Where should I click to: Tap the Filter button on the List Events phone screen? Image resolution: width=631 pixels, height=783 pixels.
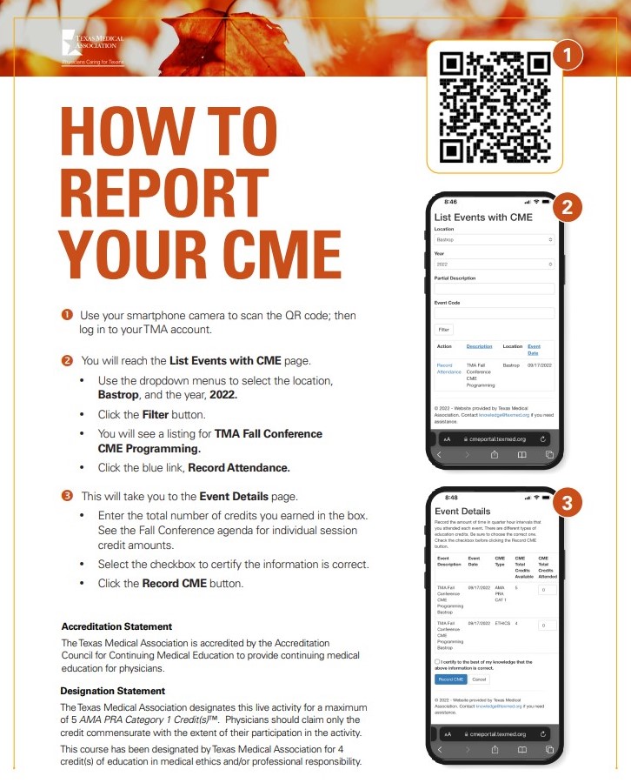click(x=444, y=330)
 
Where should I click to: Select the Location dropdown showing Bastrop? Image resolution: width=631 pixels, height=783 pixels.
click(x=494, y=239)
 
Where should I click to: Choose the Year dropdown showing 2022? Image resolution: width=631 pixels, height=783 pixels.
click(x=494, y=264)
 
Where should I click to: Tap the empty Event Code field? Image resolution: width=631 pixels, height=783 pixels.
click(x=494, y=312)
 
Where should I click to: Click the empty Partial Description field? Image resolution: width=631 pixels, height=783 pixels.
click(x=494, y=288)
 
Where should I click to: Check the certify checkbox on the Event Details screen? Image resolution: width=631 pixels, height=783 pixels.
click(x=436, y=662)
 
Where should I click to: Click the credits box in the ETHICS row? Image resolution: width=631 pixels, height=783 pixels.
click(x=547, y=625)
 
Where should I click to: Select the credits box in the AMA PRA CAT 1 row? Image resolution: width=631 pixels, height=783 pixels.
click(x=547, y=589)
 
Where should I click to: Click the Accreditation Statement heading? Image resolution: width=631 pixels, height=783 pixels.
click(x=116, y=626)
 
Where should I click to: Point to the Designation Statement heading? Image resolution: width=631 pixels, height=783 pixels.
click(x=113, y=691)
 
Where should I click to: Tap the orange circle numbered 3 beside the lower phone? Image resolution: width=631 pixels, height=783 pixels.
click(x=567, y=503)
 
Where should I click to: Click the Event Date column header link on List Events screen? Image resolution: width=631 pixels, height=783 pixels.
click(x=534, y=349)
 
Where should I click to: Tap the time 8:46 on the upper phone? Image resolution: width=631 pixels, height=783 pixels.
click(x=450, y=202)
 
